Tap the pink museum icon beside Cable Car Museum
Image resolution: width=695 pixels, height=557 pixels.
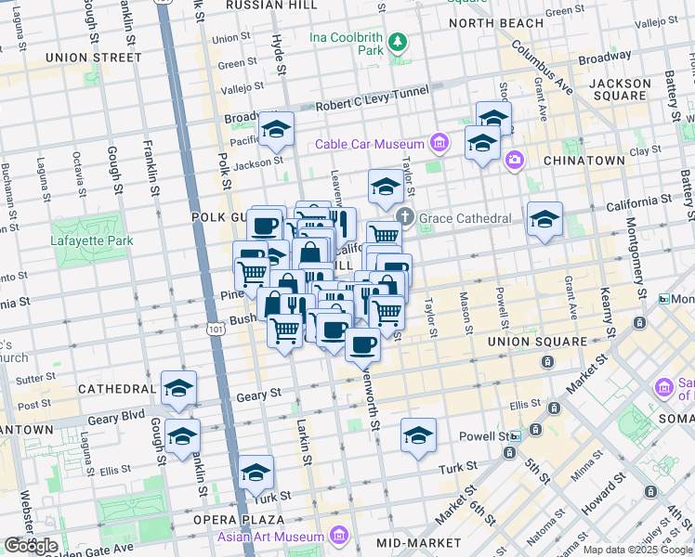click(439, 143)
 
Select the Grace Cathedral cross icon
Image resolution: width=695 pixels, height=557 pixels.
click(405, 217)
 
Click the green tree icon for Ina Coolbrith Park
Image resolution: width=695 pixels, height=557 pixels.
click(398, 42)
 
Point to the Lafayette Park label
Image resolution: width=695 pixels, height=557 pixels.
click(93, 241)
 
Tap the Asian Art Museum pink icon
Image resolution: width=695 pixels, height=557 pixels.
click(337, 537)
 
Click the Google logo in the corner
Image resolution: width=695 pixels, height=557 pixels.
click(31, 546)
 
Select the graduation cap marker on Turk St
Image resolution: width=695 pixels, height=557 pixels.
click(256, 473)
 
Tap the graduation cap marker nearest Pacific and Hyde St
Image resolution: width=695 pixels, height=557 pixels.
click(276, 130)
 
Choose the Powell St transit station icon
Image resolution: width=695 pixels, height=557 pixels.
click(515, 434)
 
